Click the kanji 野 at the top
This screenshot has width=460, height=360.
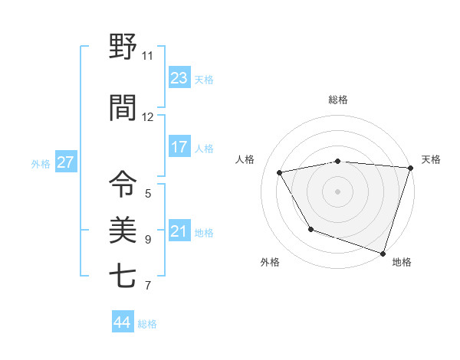(123, 47)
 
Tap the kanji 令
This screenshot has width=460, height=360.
(123, 185)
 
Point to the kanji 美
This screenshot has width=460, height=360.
(123, 229)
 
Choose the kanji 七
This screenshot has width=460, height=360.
(123, 275)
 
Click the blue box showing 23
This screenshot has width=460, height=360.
(179, 78)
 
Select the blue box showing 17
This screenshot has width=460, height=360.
(179, 147)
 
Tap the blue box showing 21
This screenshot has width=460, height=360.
(179, 231)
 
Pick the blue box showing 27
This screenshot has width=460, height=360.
(65, 162)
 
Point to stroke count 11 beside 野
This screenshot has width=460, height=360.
(148, 56)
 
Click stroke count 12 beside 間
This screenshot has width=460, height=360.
(148, 116)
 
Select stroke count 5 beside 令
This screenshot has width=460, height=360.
(148, 194)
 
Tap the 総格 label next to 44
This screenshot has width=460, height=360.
(147, 324)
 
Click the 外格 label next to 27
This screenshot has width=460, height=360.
(41, 163)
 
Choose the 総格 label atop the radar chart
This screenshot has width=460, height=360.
(337, 100)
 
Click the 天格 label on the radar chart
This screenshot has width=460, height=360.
(431, 159)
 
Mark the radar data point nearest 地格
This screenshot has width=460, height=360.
(383, 253)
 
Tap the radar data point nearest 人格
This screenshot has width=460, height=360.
(280, 173)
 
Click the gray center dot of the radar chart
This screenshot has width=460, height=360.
(337, 191)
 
